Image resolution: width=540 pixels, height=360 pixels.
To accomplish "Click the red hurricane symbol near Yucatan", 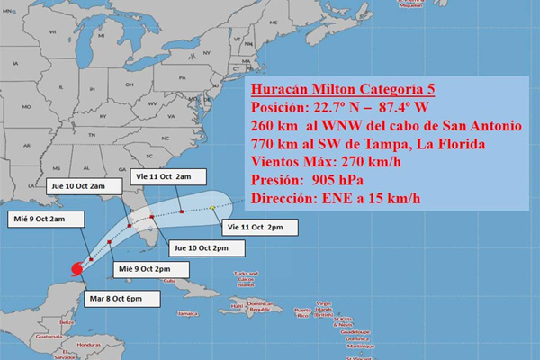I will [76, 268].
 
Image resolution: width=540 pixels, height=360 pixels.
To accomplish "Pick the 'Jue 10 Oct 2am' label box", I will [78, 186].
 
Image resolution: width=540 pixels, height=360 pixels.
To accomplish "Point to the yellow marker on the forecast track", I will [213, 208].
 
